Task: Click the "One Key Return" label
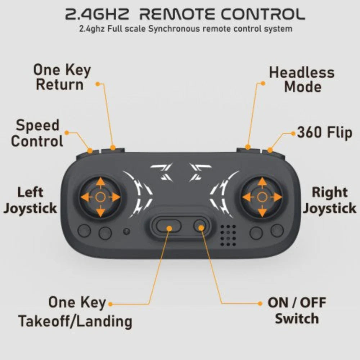pos(62,77)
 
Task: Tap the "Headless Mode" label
pos(302,80)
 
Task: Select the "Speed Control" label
pos(37,133)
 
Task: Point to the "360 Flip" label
pos(324,133)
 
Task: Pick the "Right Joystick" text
pos(329,200)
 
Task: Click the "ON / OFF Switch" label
pos(297,311)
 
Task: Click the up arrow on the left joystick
pos(100,181)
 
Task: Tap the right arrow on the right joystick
pos(277,197)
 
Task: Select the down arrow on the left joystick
pos(100,212)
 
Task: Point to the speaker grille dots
pos(228,235)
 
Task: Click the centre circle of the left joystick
pos(100,197)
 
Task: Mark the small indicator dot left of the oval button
pos(126,231)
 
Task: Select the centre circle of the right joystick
pos(262,197)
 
